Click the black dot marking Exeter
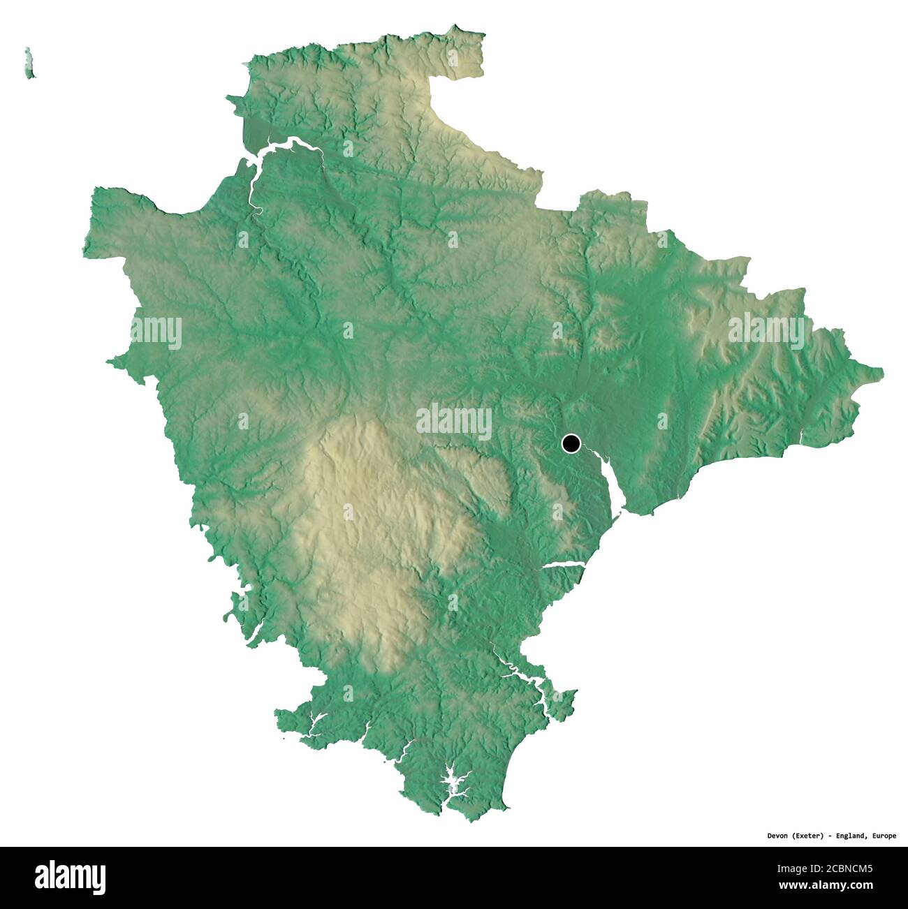pos(571,443)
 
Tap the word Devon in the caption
pos(778,836)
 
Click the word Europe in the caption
pos(884,836)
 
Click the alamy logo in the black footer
pos(71,877)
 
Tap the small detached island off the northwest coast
pos(29,64)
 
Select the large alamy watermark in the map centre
pos(454,421)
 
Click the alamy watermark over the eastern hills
pos(766,327)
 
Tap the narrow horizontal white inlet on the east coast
pos(562,565)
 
